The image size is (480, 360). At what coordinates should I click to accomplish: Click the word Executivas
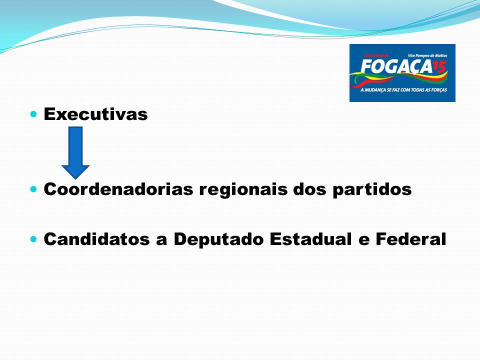(95, 114)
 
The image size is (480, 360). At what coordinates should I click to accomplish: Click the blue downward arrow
(75, 153)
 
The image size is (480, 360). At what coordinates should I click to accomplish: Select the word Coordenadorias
(118, 189)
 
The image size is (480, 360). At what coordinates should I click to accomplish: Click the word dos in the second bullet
(310, 189)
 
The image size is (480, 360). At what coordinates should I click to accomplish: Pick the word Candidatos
(96, 239)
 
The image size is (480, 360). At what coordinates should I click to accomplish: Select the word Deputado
(218, 239)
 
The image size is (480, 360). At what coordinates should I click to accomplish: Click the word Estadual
(310, 239)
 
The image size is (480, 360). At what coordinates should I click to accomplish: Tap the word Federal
(411, 239)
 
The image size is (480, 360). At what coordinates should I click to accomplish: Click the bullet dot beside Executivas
(33, 114)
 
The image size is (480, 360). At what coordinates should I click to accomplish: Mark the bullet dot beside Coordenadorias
(33, 189)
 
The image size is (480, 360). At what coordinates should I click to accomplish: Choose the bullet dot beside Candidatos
(33, 239)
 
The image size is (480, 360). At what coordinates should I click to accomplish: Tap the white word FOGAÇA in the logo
(396, 66)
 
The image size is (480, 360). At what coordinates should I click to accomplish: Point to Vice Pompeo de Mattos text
(427, 55)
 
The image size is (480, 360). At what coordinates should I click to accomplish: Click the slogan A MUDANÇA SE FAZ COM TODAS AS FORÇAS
(403, 90)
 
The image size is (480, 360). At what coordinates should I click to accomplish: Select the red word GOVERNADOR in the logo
(376, 55)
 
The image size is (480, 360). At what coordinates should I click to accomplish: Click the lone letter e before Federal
(363, 240)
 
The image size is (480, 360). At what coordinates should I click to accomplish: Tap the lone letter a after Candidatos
(161, 240)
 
